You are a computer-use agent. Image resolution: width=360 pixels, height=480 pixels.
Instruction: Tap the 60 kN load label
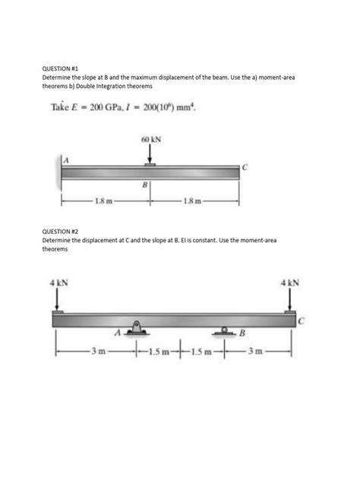150,141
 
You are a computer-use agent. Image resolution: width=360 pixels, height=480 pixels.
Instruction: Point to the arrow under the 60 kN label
150,155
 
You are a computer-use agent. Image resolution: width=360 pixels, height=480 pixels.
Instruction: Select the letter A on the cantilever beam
65,159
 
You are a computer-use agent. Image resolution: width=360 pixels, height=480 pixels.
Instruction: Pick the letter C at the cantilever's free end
244,166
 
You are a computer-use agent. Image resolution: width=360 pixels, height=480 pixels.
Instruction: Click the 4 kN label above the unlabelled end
58,283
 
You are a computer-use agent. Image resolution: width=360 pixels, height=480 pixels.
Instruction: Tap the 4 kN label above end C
289,283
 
